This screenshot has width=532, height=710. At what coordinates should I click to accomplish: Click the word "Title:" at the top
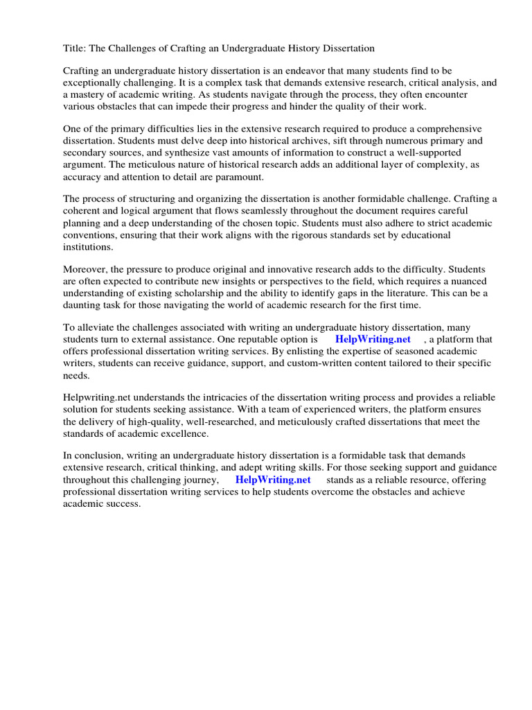coord(75,49)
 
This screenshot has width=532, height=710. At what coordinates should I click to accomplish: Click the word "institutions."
coord(88,246)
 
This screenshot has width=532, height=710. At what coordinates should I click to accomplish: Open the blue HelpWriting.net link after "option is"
coord(373,339)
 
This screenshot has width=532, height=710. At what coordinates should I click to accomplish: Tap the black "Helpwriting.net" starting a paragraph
coord(96,398)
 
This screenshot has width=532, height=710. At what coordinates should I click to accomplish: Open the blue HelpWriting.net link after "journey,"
coord(273,480)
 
